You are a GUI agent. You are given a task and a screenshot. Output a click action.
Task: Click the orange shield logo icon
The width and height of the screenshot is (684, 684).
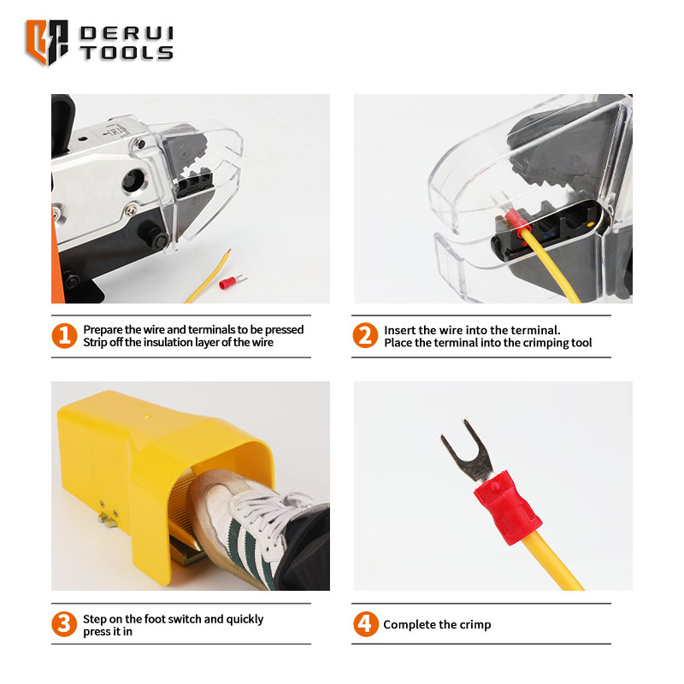[x=47, y=42]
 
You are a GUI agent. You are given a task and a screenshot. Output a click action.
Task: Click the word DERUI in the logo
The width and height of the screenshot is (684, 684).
[x=127, y=33]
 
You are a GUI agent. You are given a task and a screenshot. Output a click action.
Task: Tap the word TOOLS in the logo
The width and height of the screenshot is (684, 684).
[x=127, y=52]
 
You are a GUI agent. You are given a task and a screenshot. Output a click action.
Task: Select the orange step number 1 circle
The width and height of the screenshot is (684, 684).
[x=64, y=335]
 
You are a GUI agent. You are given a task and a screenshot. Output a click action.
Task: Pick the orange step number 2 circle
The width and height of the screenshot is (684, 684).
[x=365, y=335]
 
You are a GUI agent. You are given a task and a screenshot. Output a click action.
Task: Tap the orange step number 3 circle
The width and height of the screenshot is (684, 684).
[x=64, y=624]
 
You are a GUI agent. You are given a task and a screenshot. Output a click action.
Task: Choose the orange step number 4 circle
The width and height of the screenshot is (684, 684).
[x=366, y=624]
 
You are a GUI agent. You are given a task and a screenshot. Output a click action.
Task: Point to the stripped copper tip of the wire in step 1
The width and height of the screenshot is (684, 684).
[x=228, y=252]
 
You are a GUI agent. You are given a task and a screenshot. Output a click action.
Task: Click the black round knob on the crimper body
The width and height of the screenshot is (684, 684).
[x=133, y=180]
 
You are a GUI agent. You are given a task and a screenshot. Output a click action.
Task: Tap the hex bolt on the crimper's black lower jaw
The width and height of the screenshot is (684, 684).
[x=156, y=238]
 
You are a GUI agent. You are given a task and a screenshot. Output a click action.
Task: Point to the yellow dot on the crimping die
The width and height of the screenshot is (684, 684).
[x=590, y=224]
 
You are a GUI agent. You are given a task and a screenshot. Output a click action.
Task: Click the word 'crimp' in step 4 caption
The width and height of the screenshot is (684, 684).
[x=475, y=625]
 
